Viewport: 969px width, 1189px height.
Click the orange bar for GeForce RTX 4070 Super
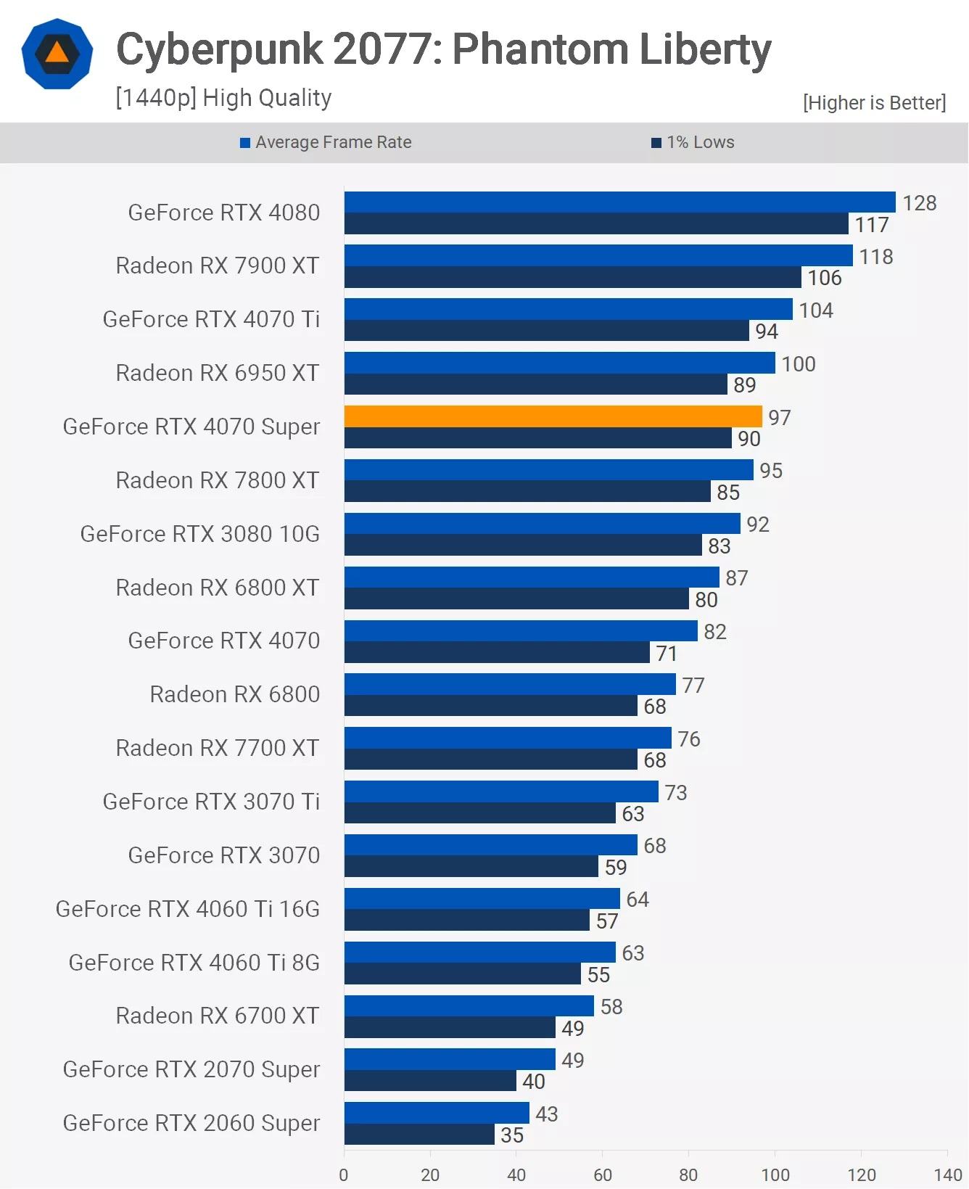(x=553, y=416)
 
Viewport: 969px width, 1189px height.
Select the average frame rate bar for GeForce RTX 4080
(x=619, y=202)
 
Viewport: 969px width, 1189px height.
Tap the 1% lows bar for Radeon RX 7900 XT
(x=572, y=277)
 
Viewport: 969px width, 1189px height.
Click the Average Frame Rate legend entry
(x=326, y=142)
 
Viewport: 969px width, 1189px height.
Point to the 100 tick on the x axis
(x=775, y=1174)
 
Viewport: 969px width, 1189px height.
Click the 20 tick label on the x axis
(x=430, y=1174)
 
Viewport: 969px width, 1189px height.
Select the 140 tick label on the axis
(x=947, y=1174)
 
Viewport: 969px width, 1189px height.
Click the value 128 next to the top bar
(x=919, y=203)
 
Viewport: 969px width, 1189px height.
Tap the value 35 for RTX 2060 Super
(x=511, y=1135)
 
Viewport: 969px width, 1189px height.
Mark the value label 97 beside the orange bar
(x=779, y=418)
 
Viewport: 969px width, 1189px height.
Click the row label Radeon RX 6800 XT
(x=217, y=588)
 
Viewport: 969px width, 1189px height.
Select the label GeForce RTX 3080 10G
(x=199, y=534)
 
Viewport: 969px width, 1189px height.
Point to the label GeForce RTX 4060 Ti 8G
(x=194, y=963)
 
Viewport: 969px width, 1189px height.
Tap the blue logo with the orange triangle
(x=57, y=54)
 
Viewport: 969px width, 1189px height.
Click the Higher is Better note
(x=874, y=103)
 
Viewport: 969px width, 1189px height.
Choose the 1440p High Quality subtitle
(x=223, y=98)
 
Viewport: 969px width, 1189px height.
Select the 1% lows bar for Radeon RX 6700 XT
(x=450, y=1027)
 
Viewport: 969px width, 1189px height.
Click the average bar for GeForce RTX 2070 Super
(x=450, y=1059)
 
